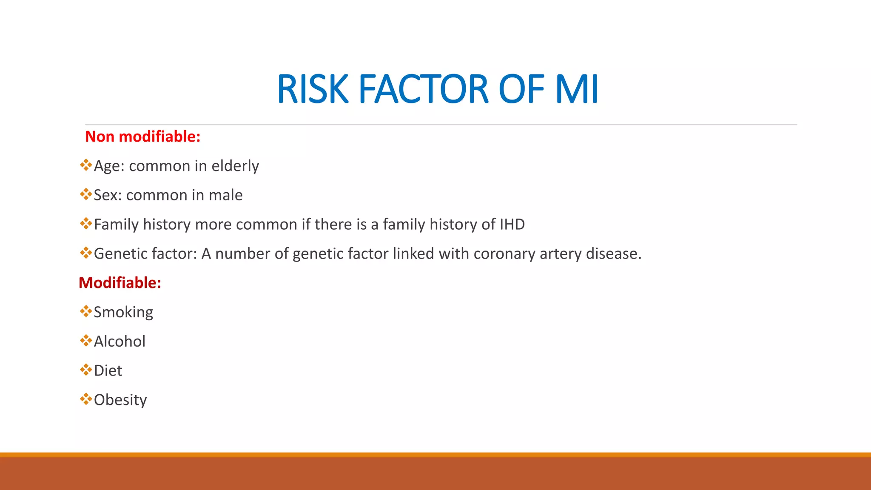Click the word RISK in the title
[313, 89]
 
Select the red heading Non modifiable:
[142, 137]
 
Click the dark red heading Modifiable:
[120, 283]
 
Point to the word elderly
[235, 166]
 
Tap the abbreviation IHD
[512, 224]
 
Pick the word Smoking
[123, 312]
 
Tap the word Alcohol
[120, 342]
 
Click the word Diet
[108, 371]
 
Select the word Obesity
[120, 400]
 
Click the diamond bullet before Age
[86, 165]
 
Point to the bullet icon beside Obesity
[86, 399]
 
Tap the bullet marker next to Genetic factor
[86, 253]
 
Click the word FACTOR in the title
[424, 89]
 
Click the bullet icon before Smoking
[86, 311]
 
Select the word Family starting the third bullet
[116, 225]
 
